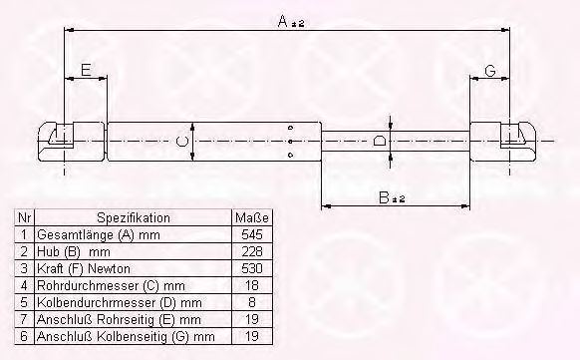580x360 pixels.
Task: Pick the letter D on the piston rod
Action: point(380,142)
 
